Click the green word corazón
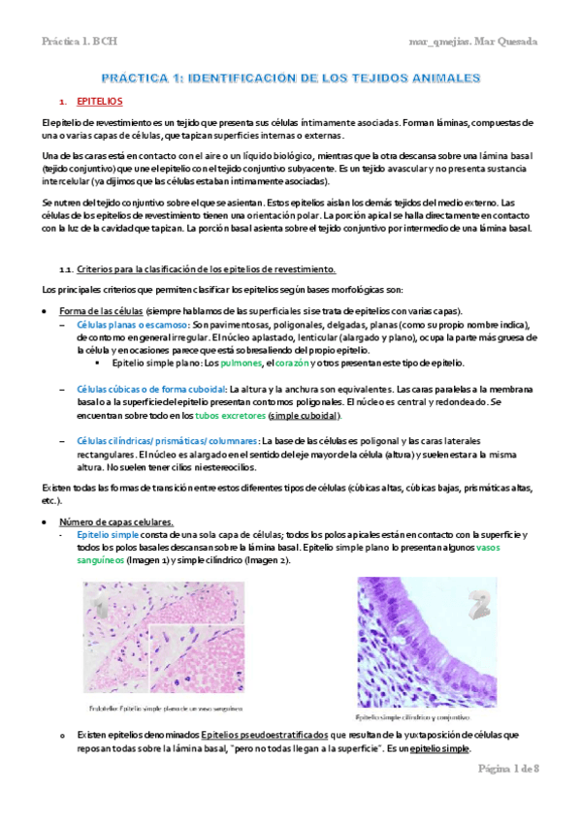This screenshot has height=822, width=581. [x=293, y=363]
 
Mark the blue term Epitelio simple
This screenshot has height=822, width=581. [x=107, y=535]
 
